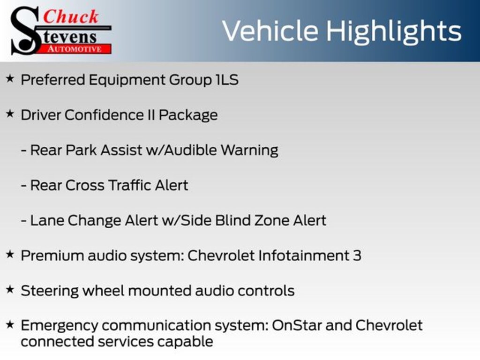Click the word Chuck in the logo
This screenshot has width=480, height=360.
(71, 16)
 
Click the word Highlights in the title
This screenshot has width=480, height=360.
(394, 31)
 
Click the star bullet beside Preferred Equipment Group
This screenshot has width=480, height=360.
(10, 79)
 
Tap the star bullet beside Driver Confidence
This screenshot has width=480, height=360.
(10, 114)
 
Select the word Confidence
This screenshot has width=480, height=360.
(104, 115)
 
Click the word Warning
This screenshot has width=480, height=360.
(249, 150)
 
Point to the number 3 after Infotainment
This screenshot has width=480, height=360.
(357, 255)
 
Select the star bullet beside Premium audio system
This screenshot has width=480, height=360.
(10, 255)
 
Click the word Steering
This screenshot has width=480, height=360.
(50, 291)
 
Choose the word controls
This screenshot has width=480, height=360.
(266, 291)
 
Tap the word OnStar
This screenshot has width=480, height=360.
(297, 325)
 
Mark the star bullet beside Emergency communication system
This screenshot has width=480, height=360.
(10, 324)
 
